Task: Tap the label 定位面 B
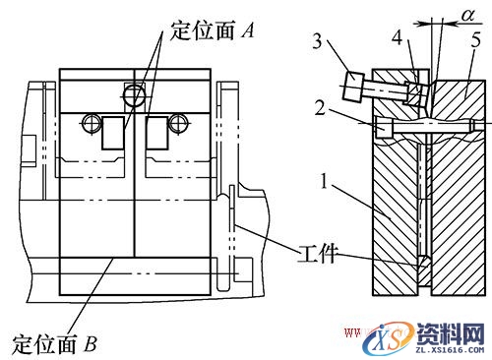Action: pyautogui.click(x=55, y=344)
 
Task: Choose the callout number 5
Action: pyautogui.click(x=474, y=41)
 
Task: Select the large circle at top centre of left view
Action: pyautogui.click(x=133, y=95)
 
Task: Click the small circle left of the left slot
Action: pyautogui.click(x=92, y=123)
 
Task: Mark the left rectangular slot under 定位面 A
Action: pyautogui.click(x=113, y=134)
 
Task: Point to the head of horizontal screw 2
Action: pyautogui.click(x=382, y=127)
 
